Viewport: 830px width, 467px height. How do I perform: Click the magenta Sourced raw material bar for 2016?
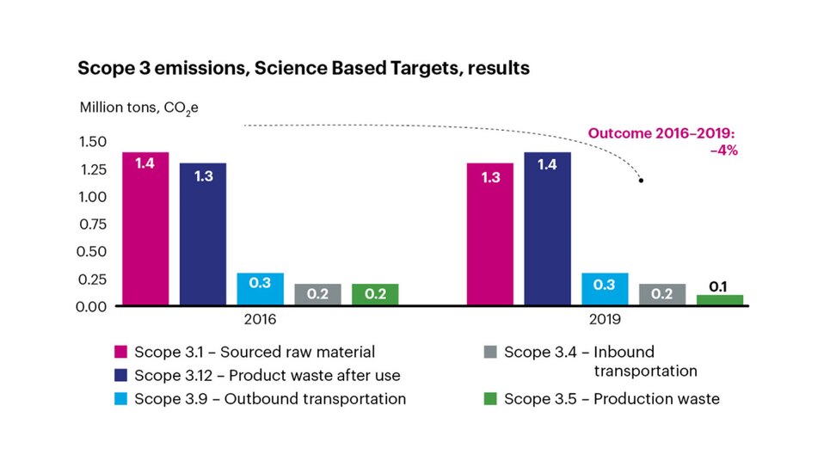tap(144, 228)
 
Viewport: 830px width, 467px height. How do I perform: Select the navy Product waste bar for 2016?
tap(202, 233)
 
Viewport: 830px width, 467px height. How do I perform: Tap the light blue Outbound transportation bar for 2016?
tap(260, 289)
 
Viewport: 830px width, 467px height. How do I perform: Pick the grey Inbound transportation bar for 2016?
tap(317, 294)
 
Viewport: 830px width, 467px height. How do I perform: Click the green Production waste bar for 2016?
tap(375, 294)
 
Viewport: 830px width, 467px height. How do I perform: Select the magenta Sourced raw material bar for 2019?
tap(489, 233)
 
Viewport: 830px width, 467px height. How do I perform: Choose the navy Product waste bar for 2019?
tap(547, 228)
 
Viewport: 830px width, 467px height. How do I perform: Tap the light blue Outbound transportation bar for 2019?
tap(605, 289)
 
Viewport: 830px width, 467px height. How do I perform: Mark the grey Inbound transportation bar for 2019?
tap(662, 294)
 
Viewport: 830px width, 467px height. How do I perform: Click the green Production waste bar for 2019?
tap(720, 300)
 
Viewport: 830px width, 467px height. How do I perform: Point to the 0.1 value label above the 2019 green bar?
tap(719, 285)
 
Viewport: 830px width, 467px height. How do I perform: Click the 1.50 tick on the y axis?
tap(94, 142)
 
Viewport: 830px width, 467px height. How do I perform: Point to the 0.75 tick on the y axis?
tap(94, 224)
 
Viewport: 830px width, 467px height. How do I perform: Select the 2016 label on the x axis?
tap(260, 319)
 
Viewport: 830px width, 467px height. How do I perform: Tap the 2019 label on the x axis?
tap(605, 319)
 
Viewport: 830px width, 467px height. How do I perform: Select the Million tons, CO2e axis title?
tap(144, 108)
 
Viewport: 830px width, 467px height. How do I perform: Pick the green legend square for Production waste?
tap(490, 399)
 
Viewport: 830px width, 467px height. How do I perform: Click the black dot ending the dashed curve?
tap(641, 181)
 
